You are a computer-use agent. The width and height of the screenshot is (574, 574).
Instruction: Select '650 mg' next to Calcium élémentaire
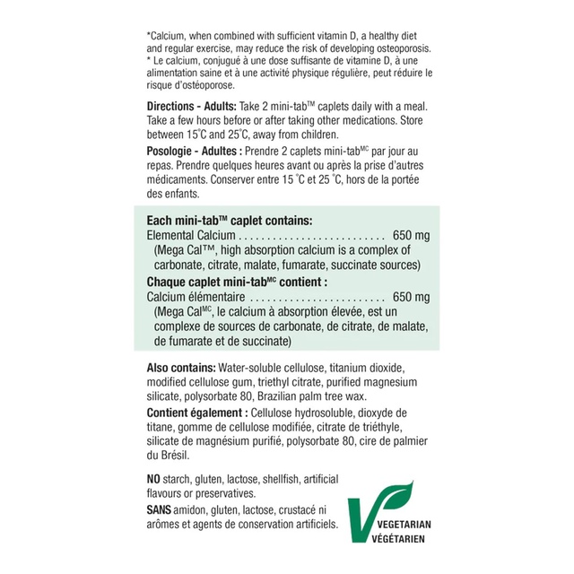[411, 297]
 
